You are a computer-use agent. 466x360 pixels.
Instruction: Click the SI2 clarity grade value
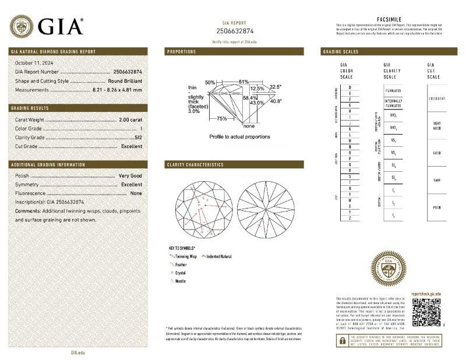tap(138, 137)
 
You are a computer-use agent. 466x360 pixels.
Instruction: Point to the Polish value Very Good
tap(130, 175)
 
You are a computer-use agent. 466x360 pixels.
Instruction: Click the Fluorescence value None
tap(136, 193)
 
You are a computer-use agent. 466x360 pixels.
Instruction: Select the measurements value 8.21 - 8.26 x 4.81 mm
tap(117, 90)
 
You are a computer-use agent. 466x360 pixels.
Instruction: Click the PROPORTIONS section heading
tap(182, 52)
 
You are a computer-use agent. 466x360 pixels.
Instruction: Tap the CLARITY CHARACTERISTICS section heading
tap(195, 165)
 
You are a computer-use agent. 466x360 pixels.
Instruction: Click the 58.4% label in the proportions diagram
tap(250, 97)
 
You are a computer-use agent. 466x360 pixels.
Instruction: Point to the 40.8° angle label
tap(275, 101)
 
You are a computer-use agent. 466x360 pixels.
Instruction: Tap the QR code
tap(424, 312)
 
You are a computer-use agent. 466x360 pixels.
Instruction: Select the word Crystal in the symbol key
tap(181, 272)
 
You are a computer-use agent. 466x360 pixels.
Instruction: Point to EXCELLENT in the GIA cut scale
tap(437, 98)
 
